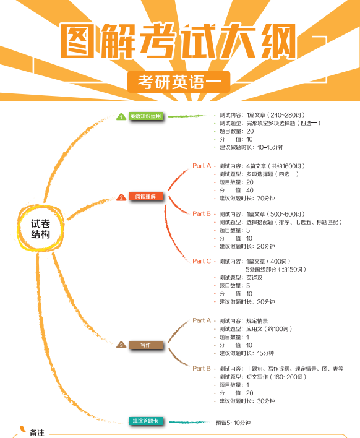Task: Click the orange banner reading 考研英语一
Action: point(179,82)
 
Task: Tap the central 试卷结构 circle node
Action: point(40,228)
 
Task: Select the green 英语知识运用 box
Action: point(145,116)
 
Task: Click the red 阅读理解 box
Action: point(145,197)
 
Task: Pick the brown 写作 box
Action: point(145,345)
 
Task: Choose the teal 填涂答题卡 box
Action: point(145,421)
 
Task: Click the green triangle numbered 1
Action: point(121,116)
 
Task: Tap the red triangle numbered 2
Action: point(121,197)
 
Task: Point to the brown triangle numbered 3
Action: point(121,345)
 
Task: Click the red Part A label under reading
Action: point(202,166)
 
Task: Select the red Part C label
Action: point(202,261)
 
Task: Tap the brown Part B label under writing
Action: point(202,369)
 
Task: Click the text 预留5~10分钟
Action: point(233,423)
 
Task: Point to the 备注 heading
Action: point(37,432)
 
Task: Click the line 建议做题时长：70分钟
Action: point(247,199)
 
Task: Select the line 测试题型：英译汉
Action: point(241,278)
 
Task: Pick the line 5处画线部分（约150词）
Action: point(276,270)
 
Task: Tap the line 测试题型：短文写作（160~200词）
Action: point(262,377)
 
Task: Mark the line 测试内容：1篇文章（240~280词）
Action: point(262,115)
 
